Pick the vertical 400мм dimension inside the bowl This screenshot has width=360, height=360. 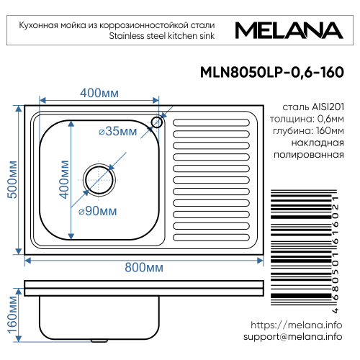(63, 179)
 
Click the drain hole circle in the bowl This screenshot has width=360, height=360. (96, 176)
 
